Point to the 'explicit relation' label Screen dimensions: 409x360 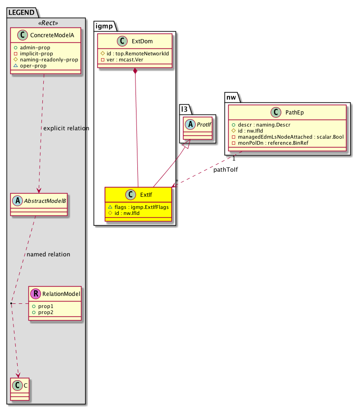point(66,128)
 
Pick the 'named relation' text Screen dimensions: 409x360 point(48,255)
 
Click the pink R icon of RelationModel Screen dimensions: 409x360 point(35,294)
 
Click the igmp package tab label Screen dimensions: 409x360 point(104,26)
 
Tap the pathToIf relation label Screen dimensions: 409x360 point(226,170)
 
